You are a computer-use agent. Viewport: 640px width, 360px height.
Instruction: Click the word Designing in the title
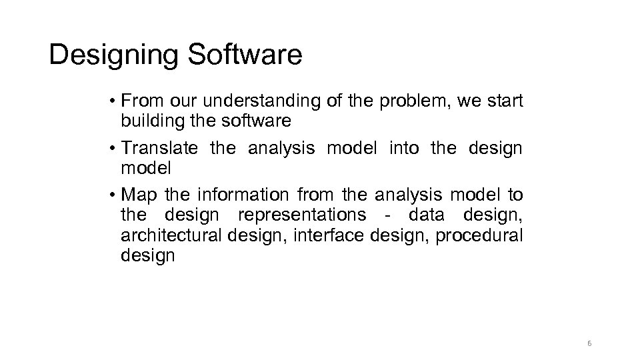point(111,56)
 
